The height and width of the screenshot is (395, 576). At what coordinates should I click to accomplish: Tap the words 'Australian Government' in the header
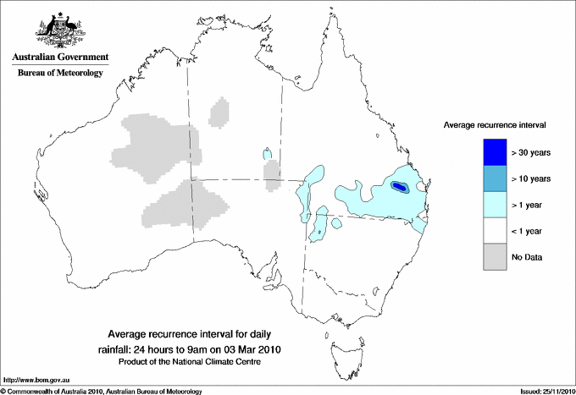coord(58,58)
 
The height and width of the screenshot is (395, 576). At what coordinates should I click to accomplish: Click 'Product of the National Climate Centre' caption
coord(196,361)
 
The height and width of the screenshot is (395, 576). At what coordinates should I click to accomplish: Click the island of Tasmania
coord(340,347)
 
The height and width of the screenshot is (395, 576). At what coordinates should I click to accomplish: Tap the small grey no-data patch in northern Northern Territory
coord(219,112)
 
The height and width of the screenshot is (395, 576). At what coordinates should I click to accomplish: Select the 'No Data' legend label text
coord(527,257)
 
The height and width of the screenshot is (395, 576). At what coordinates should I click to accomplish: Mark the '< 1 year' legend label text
coord(529,231)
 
